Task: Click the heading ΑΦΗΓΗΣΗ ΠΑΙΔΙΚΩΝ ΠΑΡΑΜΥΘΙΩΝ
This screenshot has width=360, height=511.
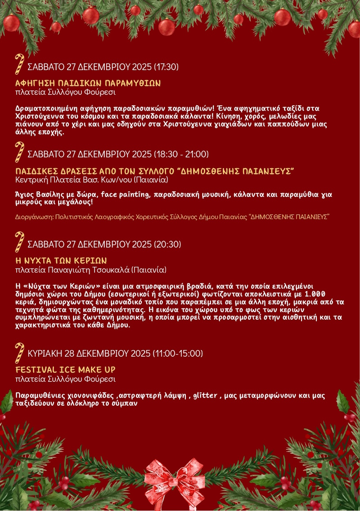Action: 88,83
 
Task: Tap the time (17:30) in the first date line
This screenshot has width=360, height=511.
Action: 166,67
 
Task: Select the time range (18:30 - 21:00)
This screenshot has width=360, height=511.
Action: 181,154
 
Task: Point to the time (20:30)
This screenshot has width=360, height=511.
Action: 167,244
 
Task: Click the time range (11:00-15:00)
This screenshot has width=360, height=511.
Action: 178,353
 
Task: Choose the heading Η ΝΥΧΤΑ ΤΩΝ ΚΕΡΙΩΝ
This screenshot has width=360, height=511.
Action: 61,261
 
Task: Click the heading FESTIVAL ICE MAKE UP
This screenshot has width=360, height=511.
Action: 66,370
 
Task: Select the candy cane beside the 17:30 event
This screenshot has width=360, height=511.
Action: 19,63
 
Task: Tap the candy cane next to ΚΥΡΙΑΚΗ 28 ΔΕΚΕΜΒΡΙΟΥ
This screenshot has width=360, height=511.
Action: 19,352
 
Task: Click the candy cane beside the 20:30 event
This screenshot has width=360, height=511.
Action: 19,242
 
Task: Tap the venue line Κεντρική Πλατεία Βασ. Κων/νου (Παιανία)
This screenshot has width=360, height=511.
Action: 92,180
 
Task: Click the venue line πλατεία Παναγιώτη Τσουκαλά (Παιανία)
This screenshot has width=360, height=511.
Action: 91,270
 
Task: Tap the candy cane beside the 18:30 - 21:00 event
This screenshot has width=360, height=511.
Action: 19,152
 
